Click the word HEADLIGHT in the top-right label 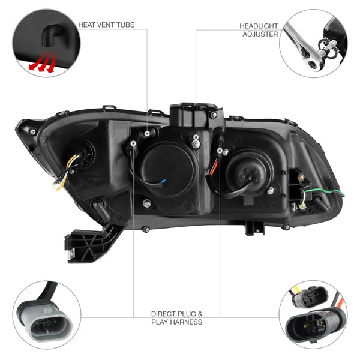(x=259, y=26)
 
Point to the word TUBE (x=125, y=25)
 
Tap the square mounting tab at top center (x=188, y=115)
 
